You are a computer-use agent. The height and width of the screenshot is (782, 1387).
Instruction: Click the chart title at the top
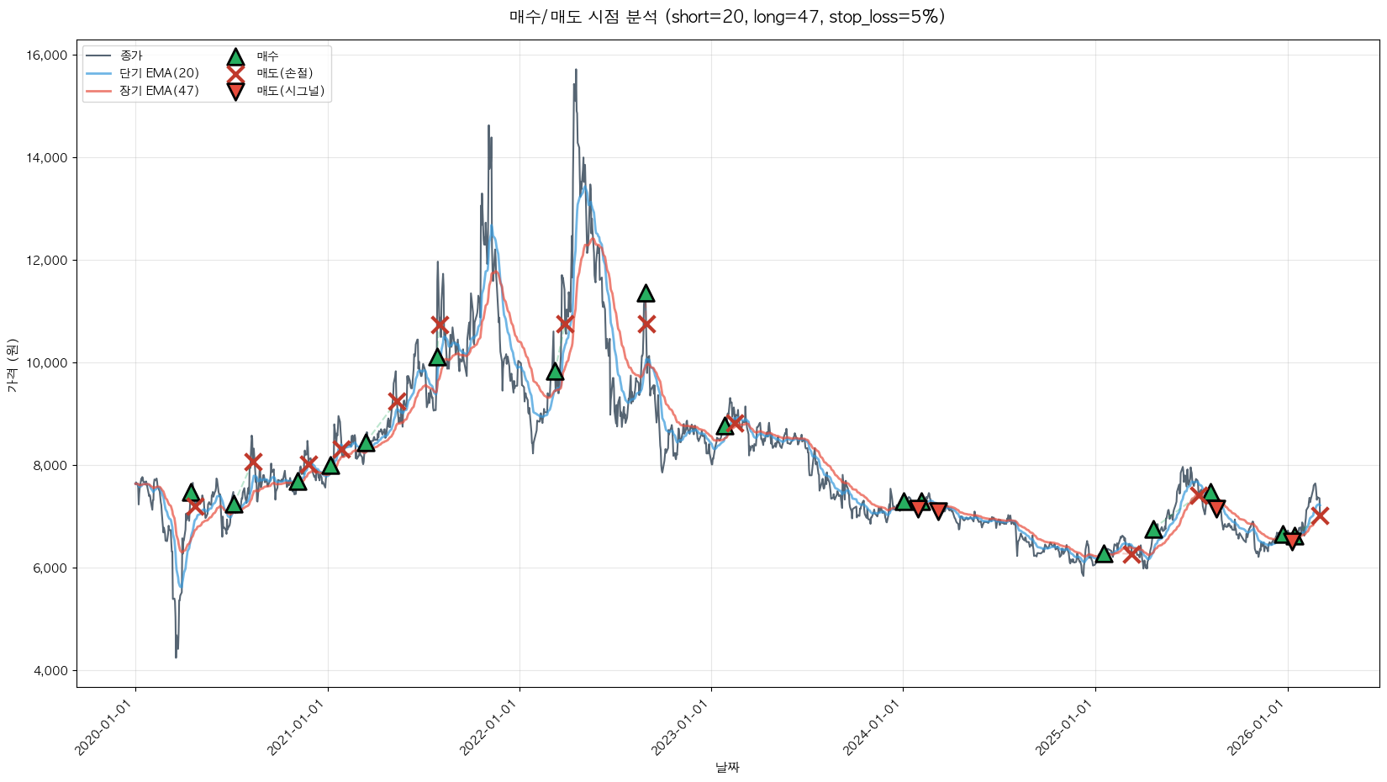point(727,17)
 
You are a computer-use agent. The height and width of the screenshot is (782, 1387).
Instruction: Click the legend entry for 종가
point(131,55)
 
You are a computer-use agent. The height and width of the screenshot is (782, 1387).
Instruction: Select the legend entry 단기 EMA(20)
point(159,73)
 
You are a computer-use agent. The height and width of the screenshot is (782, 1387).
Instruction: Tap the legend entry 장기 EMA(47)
point(159,91)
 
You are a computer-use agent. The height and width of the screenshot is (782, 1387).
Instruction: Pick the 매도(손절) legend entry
point(284,73)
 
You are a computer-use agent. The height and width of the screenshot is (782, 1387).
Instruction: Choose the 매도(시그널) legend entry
point(290,91)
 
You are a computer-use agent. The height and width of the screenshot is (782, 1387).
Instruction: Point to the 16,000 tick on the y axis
point(47,55)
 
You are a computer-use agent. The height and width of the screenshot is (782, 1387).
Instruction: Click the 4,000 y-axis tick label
point(50,671)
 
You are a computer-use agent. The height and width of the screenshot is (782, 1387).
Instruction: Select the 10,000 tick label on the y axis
point(47,363)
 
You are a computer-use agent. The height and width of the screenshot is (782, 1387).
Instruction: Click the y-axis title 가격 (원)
point(12,365)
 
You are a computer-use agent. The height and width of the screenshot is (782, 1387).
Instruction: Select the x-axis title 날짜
point(727,767)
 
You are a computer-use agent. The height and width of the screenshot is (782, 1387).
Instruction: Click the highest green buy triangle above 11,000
point(646,293)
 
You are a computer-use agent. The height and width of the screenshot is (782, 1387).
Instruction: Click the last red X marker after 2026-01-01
point(1320,515)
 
